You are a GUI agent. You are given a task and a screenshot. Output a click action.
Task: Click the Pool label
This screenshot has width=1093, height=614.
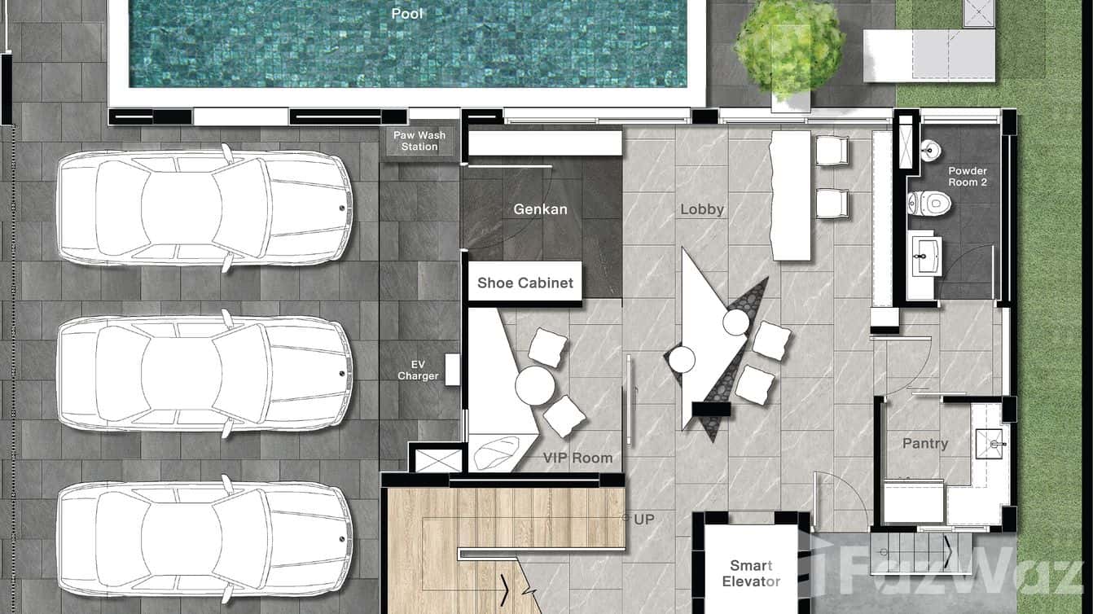click(x=407, y=14)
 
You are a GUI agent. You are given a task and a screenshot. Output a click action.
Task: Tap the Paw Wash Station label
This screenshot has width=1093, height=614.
click(x=419, y=141)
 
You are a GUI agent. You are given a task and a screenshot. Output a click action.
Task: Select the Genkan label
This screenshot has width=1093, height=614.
click(x=540, y=209)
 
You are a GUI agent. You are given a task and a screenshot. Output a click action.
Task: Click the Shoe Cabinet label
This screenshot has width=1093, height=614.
click(x=525, y=283)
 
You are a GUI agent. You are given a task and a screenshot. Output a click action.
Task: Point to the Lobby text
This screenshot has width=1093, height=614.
click(x=702, y=209)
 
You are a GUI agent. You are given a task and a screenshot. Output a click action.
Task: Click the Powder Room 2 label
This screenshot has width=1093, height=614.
click(x=968, y=177)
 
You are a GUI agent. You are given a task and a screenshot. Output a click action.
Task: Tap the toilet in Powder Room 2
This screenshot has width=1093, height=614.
click(x=929, y=203)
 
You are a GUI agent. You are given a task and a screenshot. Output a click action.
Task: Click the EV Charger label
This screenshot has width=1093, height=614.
click(x=418, y=371)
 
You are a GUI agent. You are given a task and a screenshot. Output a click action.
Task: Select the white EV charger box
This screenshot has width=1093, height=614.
click(x=452, y=370)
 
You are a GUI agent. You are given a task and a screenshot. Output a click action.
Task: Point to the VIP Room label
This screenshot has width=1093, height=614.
click(x=577, y=458)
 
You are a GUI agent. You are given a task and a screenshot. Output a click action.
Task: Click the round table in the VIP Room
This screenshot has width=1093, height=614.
click(x=535, y=385)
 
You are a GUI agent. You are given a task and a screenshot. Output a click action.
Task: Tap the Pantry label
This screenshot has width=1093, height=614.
click(x=925, y=443)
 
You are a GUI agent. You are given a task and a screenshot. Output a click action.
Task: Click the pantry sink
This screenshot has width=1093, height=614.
click(x=989, y=444)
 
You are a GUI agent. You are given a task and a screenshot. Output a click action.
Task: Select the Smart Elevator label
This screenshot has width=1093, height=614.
click(x=751, y=573)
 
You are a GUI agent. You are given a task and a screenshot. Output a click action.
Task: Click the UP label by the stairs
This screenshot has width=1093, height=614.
click(x=644, y=520)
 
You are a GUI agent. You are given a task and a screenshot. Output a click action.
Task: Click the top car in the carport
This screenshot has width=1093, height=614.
click(x=205, y=208)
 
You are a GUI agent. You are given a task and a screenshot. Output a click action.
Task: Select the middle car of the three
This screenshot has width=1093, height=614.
click(x=205, y=374)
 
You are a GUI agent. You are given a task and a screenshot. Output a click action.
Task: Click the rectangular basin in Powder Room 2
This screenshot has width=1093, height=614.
click(x=927, y=256)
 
